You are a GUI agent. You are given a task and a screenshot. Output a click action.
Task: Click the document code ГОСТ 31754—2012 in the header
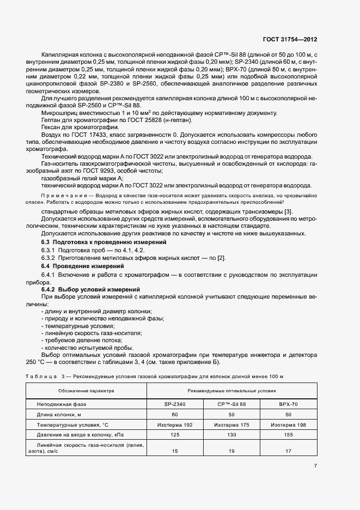pyautogui.click(x=290, y=40)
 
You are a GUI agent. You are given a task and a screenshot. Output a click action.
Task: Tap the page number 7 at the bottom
pyautogui.click(x=315, y=465)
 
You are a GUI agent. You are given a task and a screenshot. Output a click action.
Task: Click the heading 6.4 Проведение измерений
pyautogui.click(x=83, y=265)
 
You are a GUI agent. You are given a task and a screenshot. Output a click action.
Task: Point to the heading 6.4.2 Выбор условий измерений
pyautogui.click(x=91, y=289)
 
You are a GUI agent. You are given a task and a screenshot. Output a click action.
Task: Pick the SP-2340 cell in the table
pyautogui.click(x=175, y=405)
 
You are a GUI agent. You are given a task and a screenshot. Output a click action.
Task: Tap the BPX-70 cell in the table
pyautogui.click(x=288, y=405)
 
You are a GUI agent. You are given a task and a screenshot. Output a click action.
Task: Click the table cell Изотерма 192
pyautogui.click(x=175, y=424)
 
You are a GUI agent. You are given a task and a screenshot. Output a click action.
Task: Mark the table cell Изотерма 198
pyautogui.click(x=288, y=424)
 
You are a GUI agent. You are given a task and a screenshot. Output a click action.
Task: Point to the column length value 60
pyautogui.click(x=175, y=415)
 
